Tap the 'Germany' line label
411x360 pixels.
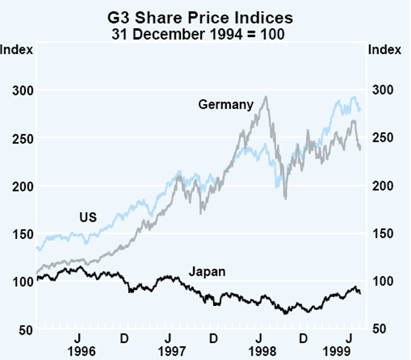226,105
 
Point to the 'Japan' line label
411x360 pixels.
208,272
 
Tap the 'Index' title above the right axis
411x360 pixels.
384,49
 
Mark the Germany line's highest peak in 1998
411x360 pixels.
265,97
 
